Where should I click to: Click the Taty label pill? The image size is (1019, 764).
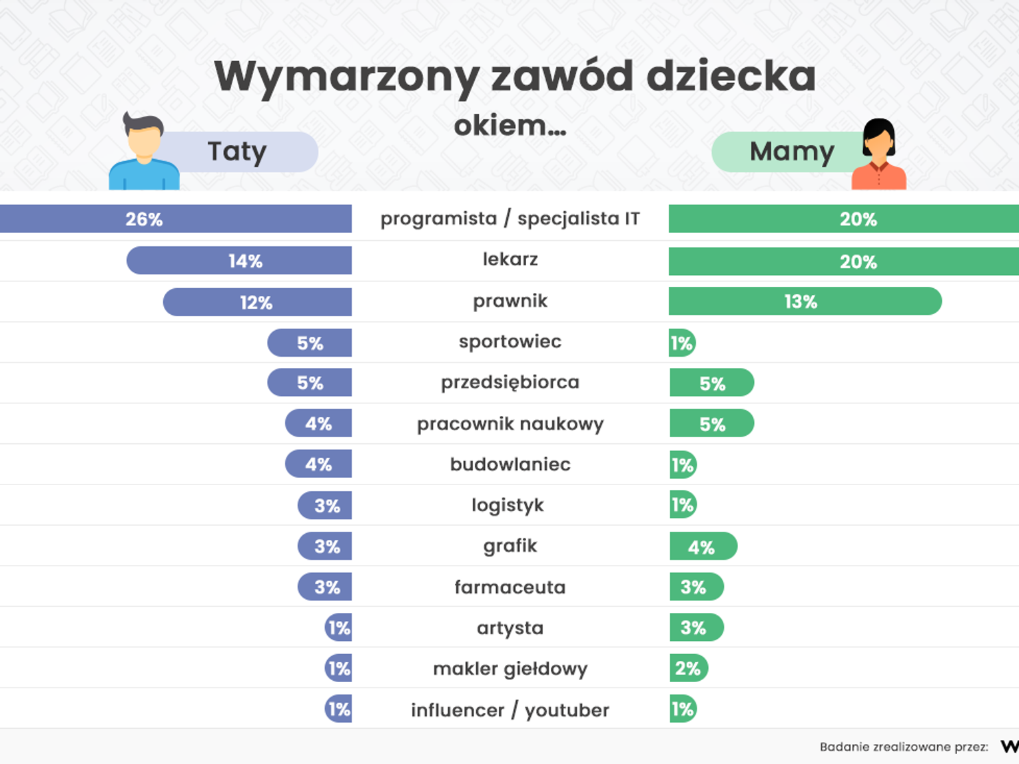[x=237, y=152]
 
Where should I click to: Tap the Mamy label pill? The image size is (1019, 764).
[x=791, y=152]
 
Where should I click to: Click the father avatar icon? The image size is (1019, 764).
[x=144, y=152]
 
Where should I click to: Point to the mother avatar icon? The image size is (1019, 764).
[x=878, y=154]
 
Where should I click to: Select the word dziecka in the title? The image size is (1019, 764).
[x=731, y=77]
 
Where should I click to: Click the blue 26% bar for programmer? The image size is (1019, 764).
[x=176, y=219]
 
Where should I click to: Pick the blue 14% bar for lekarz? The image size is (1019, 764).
[x=239, y=261]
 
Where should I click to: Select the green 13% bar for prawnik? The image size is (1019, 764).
[x=805, y=301]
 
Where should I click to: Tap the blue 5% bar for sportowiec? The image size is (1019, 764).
[x=310, y=343]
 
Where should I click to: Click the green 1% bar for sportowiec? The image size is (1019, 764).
[x=682, y=343]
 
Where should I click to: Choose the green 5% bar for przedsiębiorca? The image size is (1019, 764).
[x=711, y=383]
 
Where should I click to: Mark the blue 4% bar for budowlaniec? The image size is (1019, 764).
[x=318, y=465]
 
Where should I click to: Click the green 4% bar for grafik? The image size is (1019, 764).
[x=703, y=547]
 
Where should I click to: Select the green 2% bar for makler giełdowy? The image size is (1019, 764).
[x=688, y=669]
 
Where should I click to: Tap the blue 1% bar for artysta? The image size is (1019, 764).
[x=338, y=628]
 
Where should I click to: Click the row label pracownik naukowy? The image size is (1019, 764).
[x=510, y=424]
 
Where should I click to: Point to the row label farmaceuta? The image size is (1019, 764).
[x=510, y=587]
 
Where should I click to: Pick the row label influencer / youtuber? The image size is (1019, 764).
[x=510, y=710]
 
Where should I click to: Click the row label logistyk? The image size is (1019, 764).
[x=508, y=505]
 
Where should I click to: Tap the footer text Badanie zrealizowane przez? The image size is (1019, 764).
[x=903, y=747]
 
